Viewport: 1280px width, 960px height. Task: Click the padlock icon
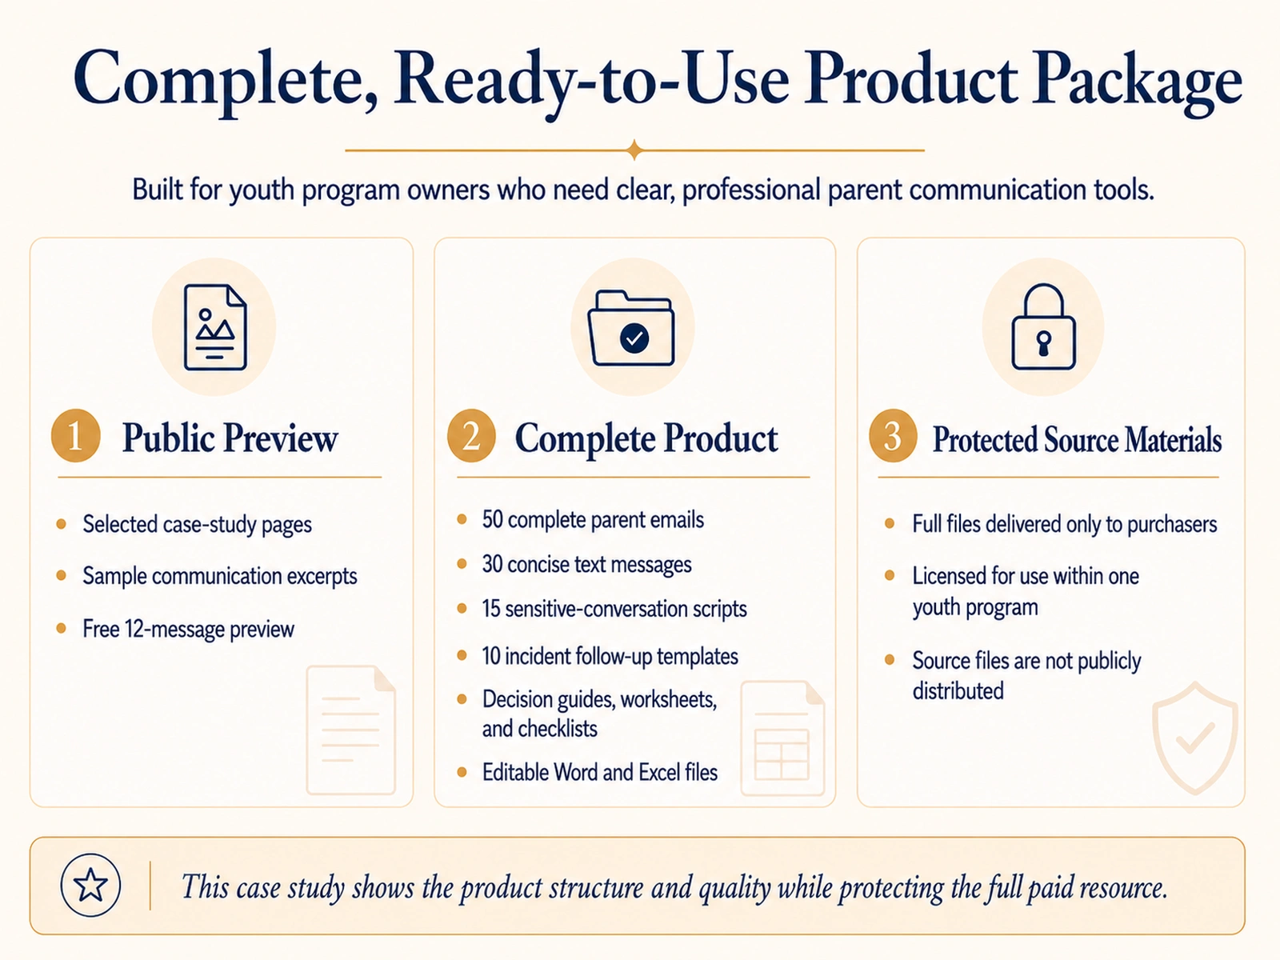click(1043, 327)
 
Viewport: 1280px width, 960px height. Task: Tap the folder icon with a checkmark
click(632, 329)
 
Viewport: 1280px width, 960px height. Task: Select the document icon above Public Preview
click(214, 327)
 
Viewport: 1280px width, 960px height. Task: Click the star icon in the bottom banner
click(90, 885)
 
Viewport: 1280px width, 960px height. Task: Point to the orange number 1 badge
click(76, 435)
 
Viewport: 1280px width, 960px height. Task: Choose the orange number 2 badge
click(471, 435)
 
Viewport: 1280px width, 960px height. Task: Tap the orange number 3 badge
click(893, 435)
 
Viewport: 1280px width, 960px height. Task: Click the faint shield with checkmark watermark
click(1195, 738)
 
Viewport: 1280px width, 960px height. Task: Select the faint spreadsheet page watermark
click(782, 738)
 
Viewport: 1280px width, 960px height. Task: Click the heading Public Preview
click(230, 438)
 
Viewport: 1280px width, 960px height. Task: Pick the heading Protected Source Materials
click(1077, 439)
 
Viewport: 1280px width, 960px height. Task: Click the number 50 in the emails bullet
click(492, 520)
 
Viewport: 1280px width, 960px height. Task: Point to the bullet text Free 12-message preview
click(188, 629)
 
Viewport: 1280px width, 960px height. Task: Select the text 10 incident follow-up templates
click(610, 656)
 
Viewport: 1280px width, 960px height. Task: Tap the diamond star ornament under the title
click(634, 150)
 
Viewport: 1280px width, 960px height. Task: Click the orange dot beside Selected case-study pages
click(61, 524)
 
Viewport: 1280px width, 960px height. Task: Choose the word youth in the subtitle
click(262, 190)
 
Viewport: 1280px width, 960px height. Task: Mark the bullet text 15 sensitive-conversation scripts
click(614, 609)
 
